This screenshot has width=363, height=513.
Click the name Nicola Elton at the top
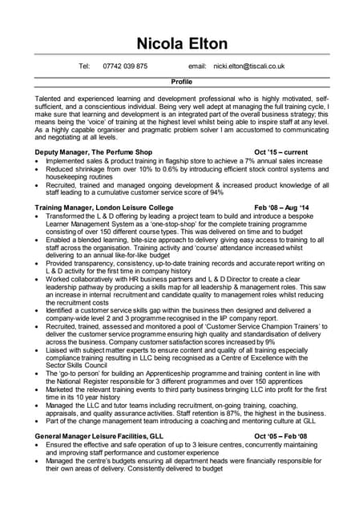coord(181,42)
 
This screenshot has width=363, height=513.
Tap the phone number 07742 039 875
coord(126,66)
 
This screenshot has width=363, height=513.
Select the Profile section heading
coord(182,82)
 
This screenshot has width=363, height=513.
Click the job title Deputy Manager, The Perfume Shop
coord(94,151)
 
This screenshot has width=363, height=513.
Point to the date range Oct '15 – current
coord(280,151)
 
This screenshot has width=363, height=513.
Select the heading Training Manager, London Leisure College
coord(107,208)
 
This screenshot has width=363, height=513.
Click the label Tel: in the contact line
coord(84,66)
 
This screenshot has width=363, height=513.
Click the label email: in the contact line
coord(197,66)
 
